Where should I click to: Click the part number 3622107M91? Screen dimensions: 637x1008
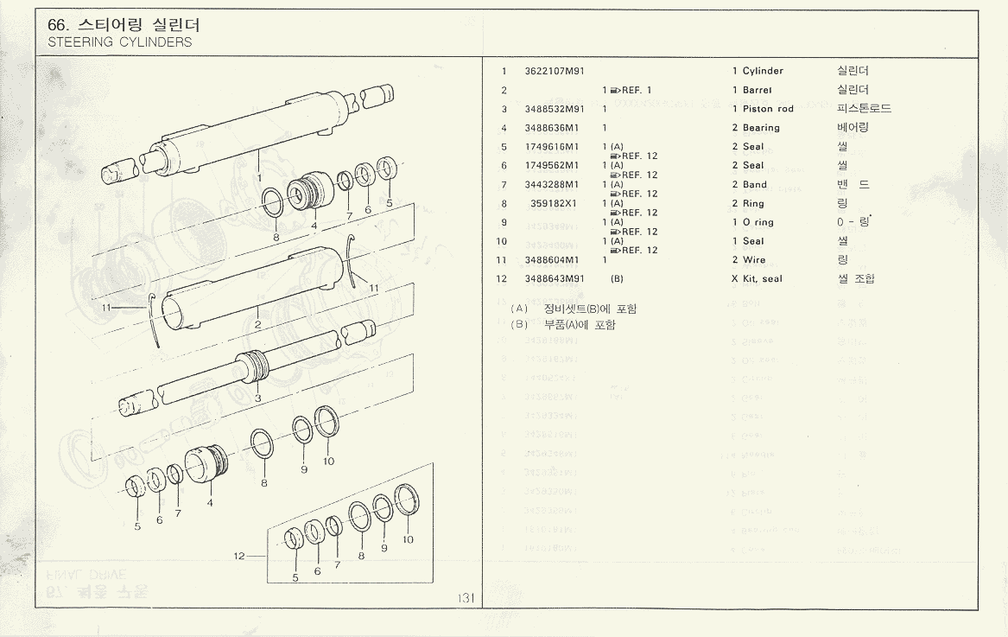tap(555, 71)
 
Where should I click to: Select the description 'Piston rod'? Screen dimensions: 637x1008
tap(768, 109)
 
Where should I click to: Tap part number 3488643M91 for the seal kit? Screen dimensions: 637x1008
tap(555, 279)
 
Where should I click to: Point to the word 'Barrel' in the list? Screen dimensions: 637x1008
tap(758, 90)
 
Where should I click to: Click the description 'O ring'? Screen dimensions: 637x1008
tap(758, 223)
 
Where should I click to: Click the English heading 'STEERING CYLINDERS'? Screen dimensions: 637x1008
tap(120, 41)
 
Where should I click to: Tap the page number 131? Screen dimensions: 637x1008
tap(467, 598)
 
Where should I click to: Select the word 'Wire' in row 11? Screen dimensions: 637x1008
tap(754, 260)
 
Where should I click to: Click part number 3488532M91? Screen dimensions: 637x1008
tap(555, 109)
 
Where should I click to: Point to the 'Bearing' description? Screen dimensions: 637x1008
tap(761, 128)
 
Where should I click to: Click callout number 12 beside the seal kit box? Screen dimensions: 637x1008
tap(239, 556)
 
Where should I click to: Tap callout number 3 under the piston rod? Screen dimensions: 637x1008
tap(257, 398)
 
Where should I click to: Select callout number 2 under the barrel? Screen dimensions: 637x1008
tap(257, 325)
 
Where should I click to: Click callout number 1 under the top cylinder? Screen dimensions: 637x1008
tap(258, 177)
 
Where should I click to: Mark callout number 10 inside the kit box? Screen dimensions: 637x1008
tap(408, 539)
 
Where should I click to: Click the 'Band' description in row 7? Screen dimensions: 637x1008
tap(755, 185)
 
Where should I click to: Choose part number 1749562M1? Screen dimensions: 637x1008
tap(552, 166)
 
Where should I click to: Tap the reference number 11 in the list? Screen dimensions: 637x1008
tap(501, 260)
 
